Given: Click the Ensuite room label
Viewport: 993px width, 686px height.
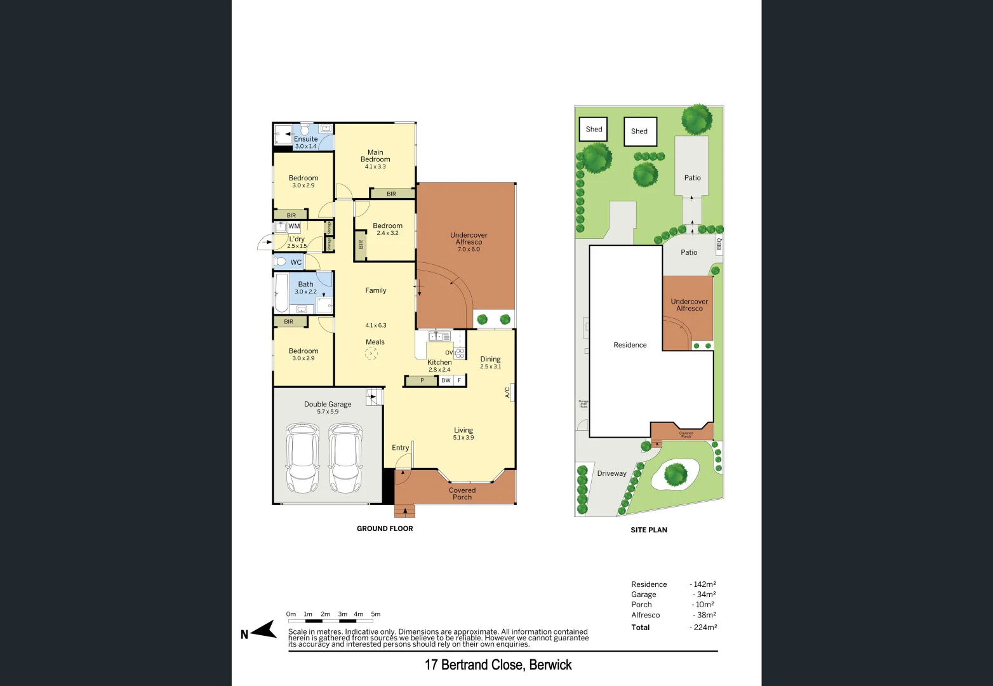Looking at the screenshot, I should (305, 139).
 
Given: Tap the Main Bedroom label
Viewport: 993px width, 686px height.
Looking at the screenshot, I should (375, 156).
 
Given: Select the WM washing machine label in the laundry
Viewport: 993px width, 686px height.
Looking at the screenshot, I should (294, 226).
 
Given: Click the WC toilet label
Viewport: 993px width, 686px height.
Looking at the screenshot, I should (296, 262).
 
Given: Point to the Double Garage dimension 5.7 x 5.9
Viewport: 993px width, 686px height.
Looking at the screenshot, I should (328, 412).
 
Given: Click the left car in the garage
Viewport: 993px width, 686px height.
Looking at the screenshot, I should (302, 458).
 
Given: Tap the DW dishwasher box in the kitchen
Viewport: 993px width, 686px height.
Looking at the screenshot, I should (446, 380).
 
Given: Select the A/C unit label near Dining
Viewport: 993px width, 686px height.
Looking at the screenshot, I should (507, 393).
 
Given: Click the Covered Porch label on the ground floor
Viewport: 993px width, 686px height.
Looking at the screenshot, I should (462, 494).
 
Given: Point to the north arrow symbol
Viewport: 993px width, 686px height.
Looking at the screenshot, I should (263, 631).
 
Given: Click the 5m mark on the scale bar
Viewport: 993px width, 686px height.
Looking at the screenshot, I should (376, 614).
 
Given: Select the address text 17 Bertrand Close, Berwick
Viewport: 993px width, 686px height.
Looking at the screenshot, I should (498, 665).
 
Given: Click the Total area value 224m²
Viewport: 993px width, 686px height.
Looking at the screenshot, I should (703, 628).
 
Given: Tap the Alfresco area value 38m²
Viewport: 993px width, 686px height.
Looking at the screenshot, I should (704, 615).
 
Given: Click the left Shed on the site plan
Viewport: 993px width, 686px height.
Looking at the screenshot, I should (594, 130).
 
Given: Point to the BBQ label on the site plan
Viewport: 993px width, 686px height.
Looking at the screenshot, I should (719, 243).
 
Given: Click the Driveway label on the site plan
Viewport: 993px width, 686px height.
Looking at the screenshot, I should (611, 473).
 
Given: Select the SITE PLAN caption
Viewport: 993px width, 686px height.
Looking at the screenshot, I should (648, 530).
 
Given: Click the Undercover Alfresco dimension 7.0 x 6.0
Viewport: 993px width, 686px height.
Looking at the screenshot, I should (469, 249).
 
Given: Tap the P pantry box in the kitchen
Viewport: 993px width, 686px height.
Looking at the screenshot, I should (422, 380).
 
